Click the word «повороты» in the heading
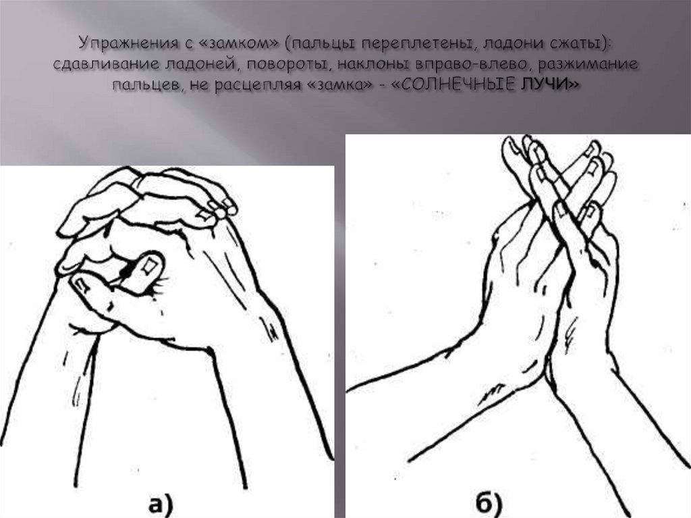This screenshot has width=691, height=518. [285, 65]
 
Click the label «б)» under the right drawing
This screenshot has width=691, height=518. [489, 503]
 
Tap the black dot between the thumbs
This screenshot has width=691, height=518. [128, 274]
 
